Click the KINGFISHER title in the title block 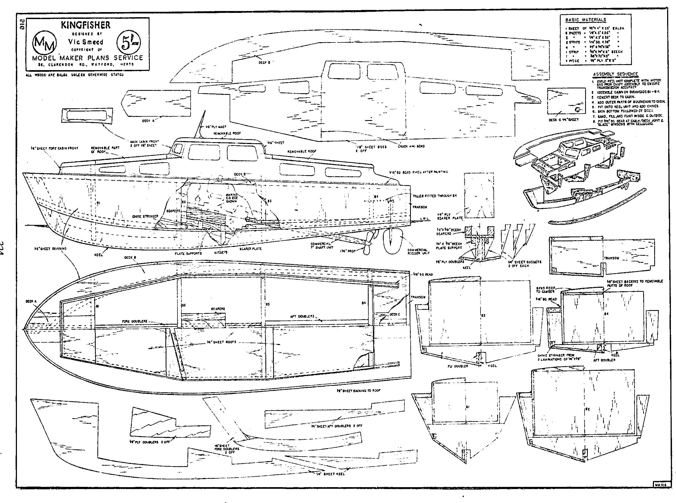(x=86, y=25)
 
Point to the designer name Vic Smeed (x=86, y=42)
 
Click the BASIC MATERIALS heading (x=586, y=20)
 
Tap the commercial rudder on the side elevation (x=392, y=242)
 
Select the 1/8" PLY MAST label (x=216, y=127)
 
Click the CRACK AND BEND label (x=411, y=146)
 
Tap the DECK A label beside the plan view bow (x=31, y=301)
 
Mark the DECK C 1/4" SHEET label (x=563, y=120)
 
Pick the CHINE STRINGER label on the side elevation (x=145, y=217)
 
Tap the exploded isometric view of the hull (x=579, y=177)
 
